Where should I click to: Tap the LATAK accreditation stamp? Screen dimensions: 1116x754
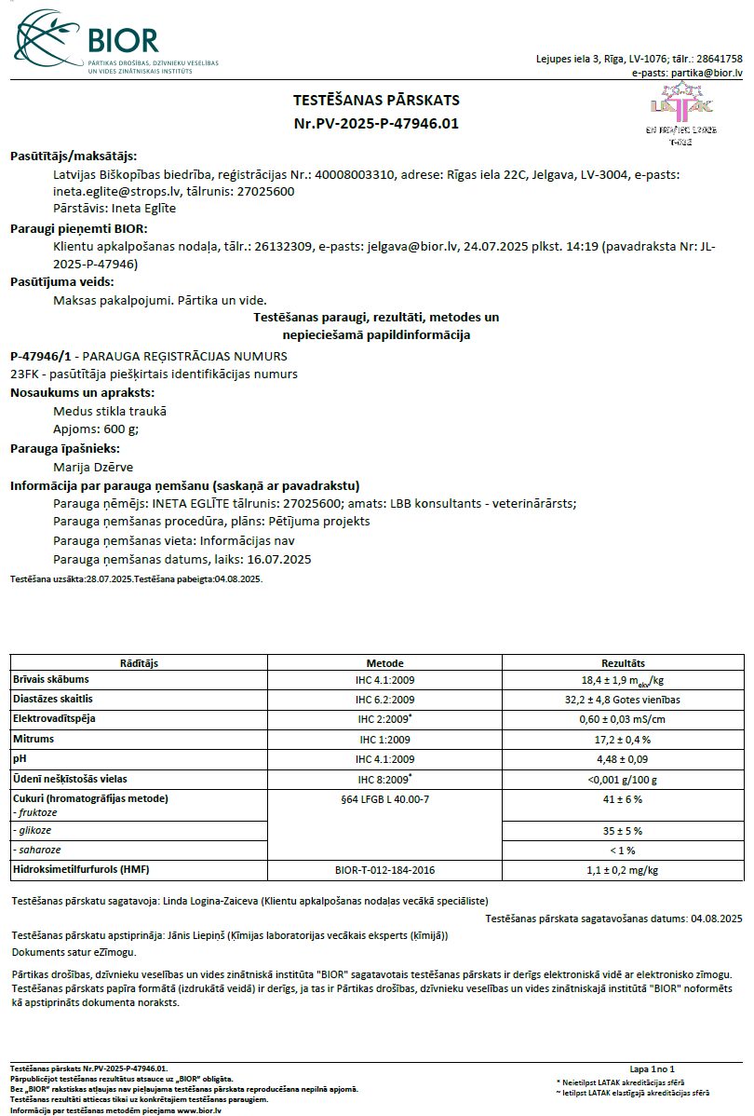tap(681, 116)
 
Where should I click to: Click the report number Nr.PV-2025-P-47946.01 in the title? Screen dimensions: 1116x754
tap(376, 123)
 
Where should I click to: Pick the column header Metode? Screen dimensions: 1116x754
tap(384, 662)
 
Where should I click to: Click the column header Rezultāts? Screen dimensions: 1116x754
tap(623, 662)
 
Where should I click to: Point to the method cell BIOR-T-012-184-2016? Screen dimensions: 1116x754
tap(384, 870)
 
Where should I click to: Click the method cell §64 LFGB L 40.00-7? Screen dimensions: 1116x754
tap(384, 798)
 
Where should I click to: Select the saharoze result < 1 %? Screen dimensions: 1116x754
tap(623, 851)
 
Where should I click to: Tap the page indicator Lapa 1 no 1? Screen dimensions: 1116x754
tap(652, 1068)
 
